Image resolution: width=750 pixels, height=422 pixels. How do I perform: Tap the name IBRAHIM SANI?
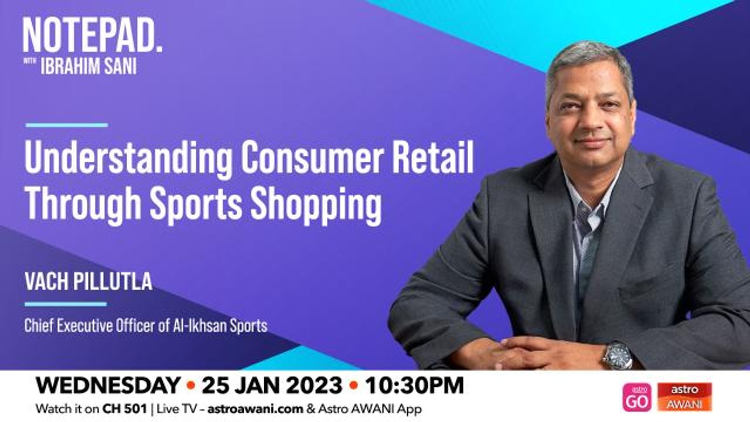pos(88,66)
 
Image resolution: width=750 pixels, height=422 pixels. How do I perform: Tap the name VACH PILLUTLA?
pos(88,281)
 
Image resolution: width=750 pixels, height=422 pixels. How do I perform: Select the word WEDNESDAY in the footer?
pos(108,386)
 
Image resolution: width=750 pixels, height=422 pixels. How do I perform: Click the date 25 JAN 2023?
pos(272,386)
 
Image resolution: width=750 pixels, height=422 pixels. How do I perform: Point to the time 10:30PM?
pos(414,386)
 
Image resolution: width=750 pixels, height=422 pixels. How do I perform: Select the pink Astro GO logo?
pos(637,397)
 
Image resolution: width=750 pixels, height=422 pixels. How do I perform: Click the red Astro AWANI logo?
pos(684,397)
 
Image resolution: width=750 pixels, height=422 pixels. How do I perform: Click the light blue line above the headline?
pos(67,125)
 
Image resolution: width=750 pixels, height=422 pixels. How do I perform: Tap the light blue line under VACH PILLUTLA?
pos(66,304)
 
